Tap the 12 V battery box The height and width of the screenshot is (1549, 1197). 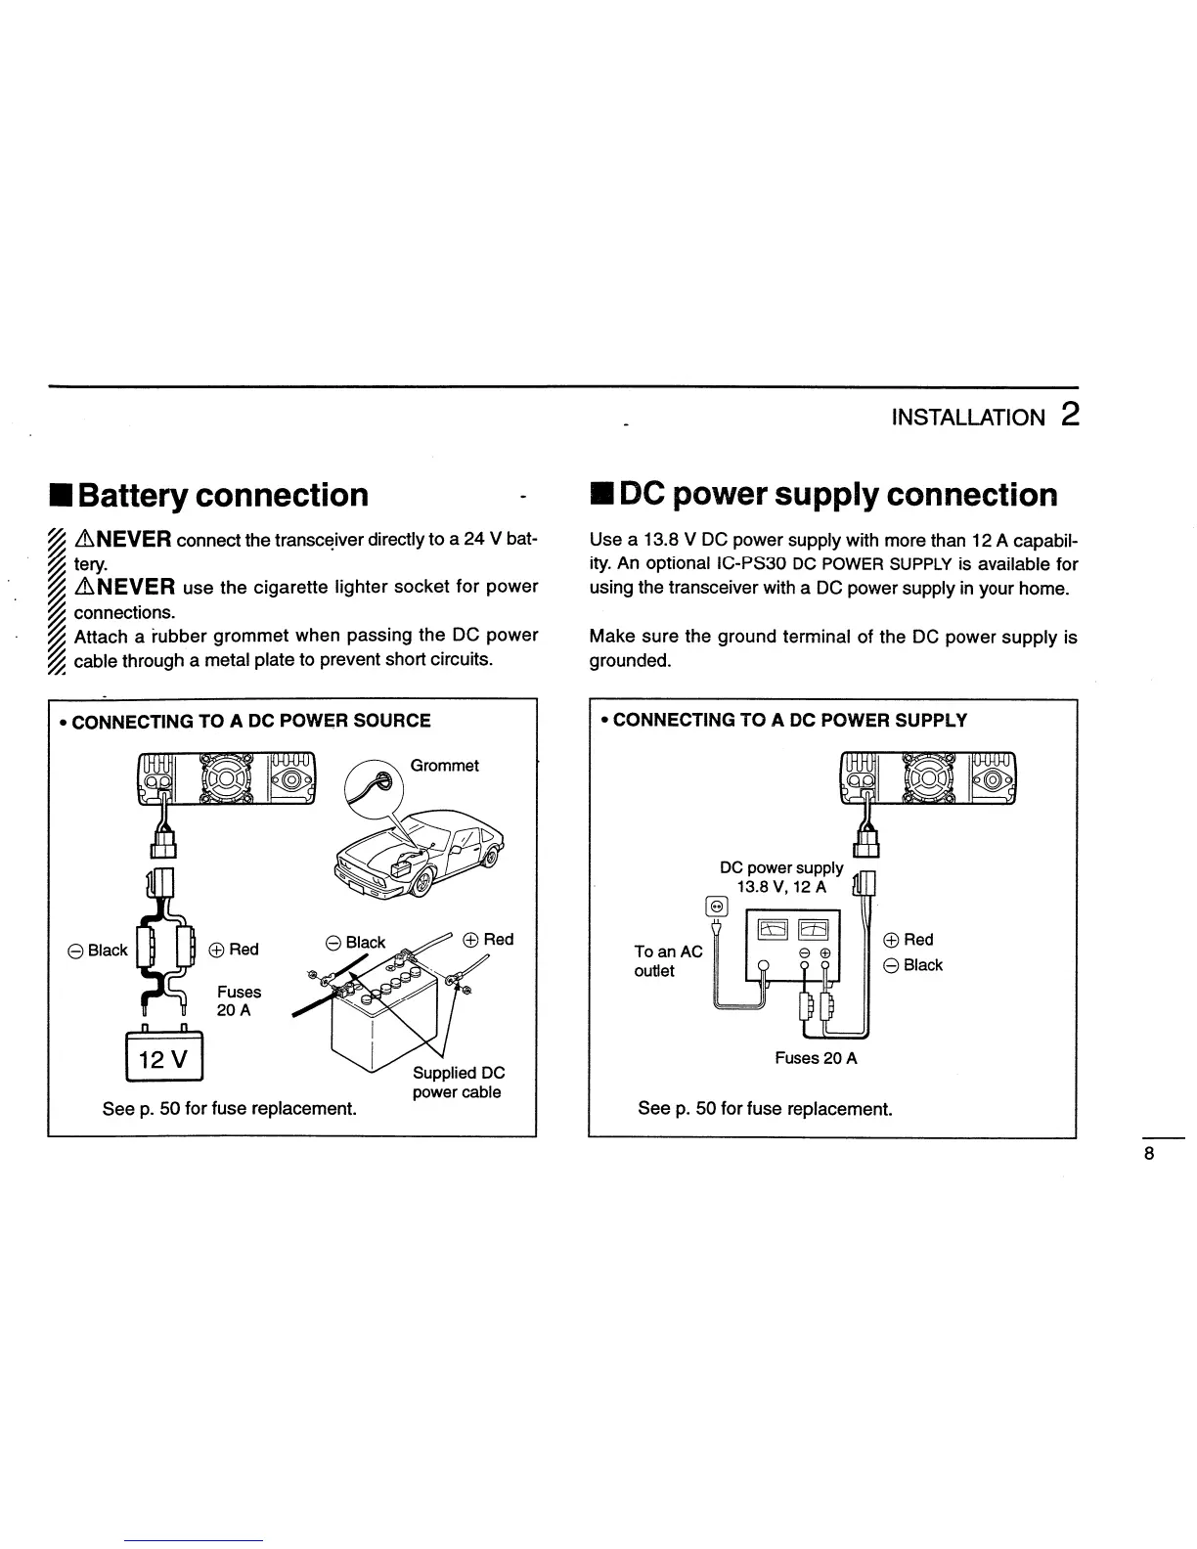click(x=164, y=1058)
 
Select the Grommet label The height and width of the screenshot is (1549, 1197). click(x=444, y=766)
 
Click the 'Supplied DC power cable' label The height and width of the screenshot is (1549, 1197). click(x=458, y=1083)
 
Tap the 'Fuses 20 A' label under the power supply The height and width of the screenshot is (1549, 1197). click(x=816, y=1058)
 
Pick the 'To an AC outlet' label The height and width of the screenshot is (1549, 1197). click(x=668, y=960)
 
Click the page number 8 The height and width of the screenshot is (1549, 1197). click(x=1149, y=1154)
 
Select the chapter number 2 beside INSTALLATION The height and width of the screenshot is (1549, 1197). click(x=1069, y=416)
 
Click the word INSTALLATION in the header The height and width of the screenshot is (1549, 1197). click(x=967, y=419)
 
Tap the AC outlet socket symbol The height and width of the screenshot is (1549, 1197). click(x=717, y=906)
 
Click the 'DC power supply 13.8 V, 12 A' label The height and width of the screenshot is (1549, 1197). click(x=781, y=877)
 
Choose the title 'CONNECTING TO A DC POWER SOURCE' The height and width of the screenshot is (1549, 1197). click(x=251, y=722)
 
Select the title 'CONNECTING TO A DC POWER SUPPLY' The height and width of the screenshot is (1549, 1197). click(x=790, y=721)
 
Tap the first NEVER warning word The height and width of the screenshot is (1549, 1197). click(x=131, y=539)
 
